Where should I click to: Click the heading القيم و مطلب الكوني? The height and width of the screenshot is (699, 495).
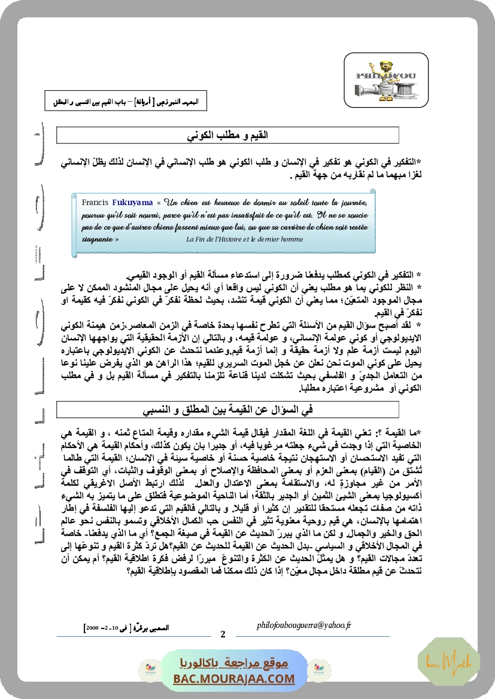pos(228,136)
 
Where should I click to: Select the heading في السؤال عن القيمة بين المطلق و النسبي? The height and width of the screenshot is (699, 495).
pos(228,410)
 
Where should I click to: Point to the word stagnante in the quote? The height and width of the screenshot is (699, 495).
pos(96,239)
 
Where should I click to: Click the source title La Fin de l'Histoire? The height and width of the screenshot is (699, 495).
pos(245,239)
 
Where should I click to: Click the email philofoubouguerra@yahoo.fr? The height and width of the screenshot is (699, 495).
pos(303,625)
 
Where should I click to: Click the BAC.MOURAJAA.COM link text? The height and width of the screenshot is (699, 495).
pos(235,679)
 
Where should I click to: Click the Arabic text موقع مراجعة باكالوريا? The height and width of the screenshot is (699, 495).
pos(235,664)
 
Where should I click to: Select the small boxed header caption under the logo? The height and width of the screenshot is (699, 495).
pos(126,101)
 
